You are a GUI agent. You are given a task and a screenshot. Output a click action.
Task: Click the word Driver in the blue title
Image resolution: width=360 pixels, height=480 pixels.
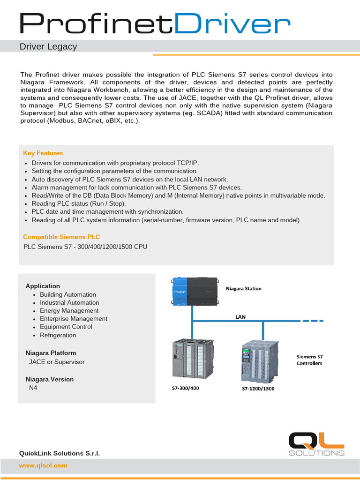point(235,24)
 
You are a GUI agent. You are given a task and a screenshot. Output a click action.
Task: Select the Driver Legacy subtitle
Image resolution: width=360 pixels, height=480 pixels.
point(48,47)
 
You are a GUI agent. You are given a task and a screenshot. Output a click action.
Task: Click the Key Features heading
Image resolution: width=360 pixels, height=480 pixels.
point(43,153)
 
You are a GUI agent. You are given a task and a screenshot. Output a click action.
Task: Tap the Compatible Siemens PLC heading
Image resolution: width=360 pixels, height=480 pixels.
point(61,237)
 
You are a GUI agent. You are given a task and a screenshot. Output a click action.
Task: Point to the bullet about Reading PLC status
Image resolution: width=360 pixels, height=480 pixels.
point(79,204)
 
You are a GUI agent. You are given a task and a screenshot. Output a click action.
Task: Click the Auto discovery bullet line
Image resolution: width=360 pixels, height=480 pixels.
point(129,180)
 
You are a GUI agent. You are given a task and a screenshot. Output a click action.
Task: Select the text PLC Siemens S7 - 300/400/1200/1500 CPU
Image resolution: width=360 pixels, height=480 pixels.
point(85,247)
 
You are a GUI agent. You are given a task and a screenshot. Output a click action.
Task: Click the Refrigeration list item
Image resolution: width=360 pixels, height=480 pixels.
point(58,335)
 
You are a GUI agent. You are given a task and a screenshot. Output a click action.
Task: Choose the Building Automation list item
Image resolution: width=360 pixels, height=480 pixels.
point(67,295)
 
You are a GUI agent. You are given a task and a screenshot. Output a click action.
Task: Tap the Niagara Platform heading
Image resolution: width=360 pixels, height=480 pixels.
point(51,353)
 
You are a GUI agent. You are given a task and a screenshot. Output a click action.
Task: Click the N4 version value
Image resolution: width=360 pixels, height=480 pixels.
point(33,388)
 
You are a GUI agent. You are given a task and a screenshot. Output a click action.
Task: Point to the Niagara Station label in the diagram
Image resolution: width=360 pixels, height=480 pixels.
point(244,289)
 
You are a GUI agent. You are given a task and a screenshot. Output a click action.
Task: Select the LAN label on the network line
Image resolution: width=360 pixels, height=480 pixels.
point(240,317)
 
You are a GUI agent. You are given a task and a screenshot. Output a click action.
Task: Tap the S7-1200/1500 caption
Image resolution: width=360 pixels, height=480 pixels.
point(258,389)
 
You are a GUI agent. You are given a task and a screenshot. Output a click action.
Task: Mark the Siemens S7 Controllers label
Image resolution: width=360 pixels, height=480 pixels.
point(309,360)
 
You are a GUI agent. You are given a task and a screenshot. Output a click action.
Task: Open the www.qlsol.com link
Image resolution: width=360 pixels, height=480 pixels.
point(43,465)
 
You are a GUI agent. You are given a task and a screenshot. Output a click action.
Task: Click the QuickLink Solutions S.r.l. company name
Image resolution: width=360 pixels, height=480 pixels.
point(59,453)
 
